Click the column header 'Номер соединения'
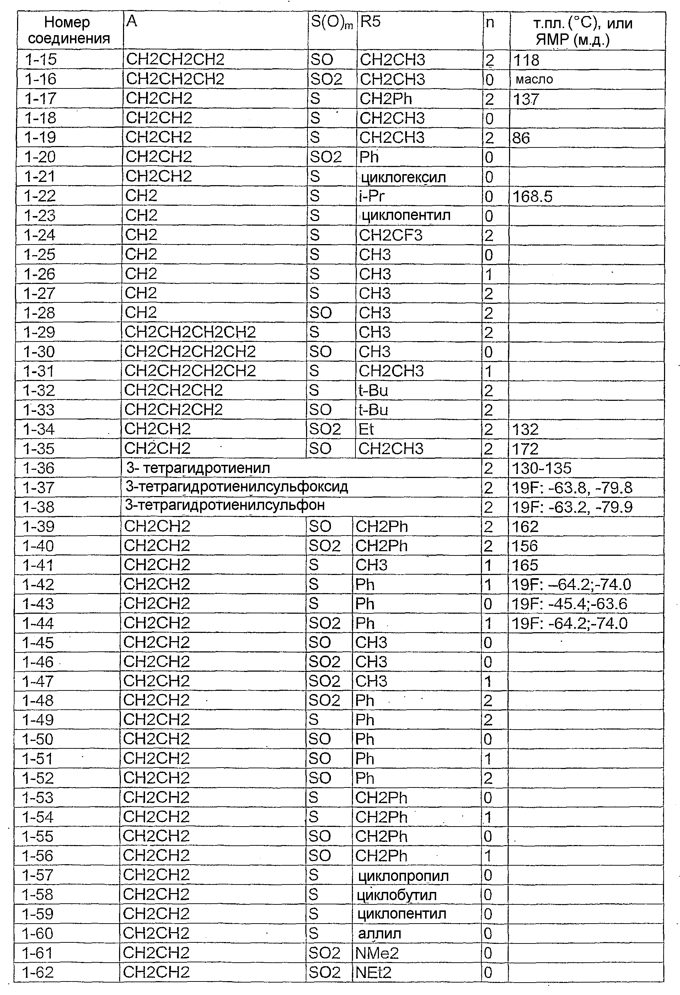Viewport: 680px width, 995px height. (69, 31)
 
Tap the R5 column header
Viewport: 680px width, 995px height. (370, 21)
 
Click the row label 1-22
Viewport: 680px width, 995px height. (40, 196)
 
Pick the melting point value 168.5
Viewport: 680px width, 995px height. (532, 197)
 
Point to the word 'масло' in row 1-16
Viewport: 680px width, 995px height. (534, 79)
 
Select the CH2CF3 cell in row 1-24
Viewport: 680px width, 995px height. (391, 235)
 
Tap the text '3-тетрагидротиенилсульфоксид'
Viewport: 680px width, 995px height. (237, 487)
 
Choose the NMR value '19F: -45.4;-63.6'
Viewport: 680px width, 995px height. (569, 604)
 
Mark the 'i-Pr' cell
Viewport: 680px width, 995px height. (372, 196)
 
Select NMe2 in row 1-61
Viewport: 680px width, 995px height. (377, 953)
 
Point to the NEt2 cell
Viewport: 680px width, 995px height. (373, 972)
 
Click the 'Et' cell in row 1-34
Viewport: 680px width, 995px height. (366, 429)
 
